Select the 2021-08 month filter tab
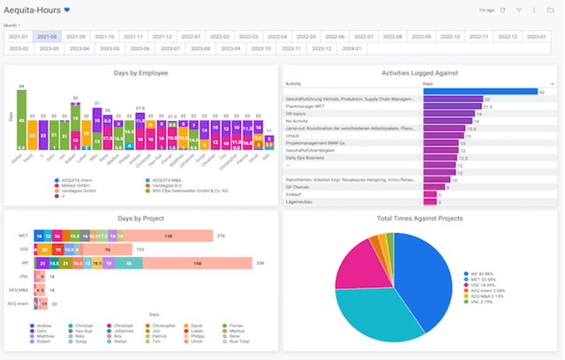tap(47, 37)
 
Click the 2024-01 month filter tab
tap(351, 49)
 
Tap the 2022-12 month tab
tap(507, 37)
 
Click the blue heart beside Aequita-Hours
tap(67, 10)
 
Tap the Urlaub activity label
tap(292, 135)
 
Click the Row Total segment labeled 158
tap(197, 262)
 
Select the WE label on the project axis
tap(24, 262)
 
